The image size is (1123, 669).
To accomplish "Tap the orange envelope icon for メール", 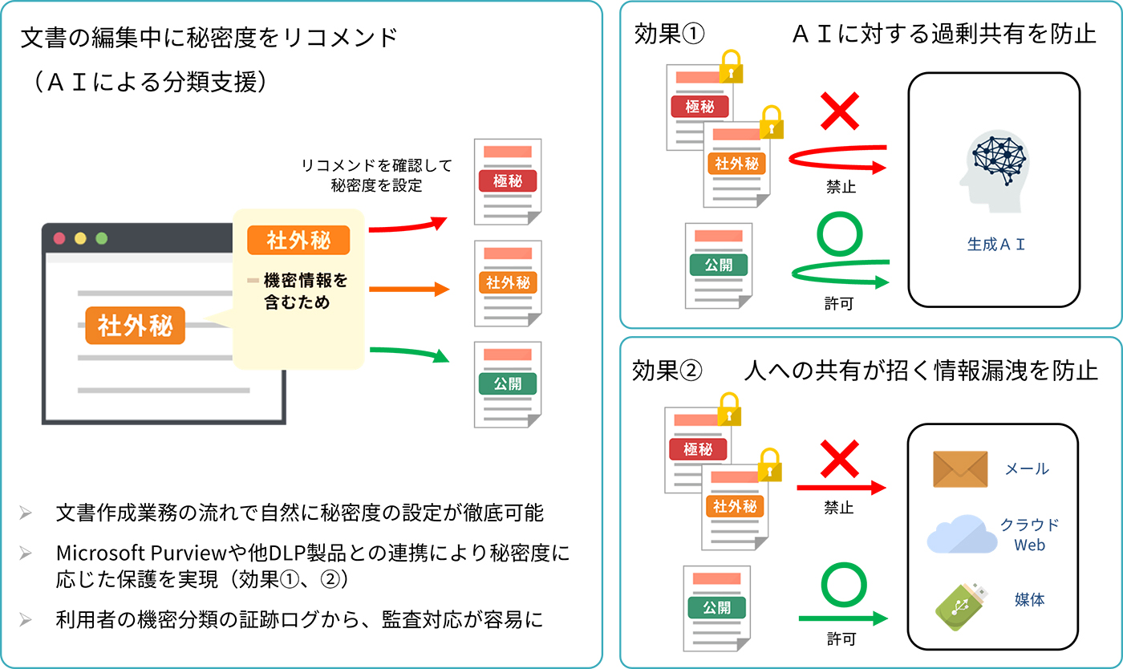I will coord(959,469).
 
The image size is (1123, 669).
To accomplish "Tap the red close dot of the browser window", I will coord(59,238).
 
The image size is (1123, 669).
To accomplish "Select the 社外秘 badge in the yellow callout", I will coord(298,240).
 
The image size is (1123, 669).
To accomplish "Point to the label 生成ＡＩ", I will coord(996,245).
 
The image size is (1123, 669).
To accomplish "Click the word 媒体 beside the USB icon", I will coord(1029,599).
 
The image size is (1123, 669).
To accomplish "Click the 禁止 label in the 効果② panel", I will coord(839,508).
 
